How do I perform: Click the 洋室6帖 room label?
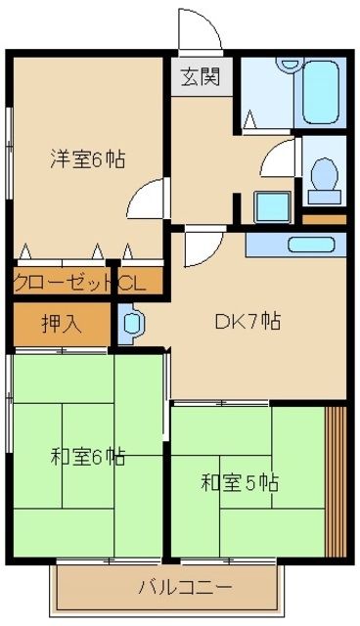coord(88,158)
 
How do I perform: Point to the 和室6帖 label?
coord(88,455)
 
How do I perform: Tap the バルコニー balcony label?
coord(184,588)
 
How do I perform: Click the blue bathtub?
coord(319,90)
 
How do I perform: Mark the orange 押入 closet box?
coord(60,323)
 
